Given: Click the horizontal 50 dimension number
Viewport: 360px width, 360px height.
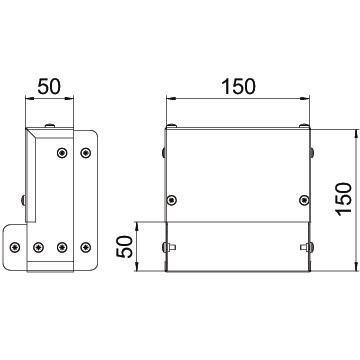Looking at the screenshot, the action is (49, 86).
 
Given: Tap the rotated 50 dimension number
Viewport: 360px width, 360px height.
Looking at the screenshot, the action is (124, 247).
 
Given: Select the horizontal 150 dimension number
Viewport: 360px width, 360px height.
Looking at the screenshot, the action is (238, 86).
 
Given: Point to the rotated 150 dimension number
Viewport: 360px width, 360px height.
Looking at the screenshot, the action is (344, 199).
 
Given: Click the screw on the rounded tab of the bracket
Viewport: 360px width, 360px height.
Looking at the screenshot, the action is (15, 247).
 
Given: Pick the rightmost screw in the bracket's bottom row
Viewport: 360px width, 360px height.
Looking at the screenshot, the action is (86, 247).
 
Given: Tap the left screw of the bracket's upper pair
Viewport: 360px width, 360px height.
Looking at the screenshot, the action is (62, 153).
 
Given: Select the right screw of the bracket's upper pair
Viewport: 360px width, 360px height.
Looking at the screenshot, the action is (86, 153).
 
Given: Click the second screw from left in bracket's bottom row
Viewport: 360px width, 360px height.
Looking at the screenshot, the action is (39, 247).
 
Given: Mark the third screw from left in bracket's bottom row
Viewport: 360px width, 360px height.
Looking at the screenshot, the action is (62, 247).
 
